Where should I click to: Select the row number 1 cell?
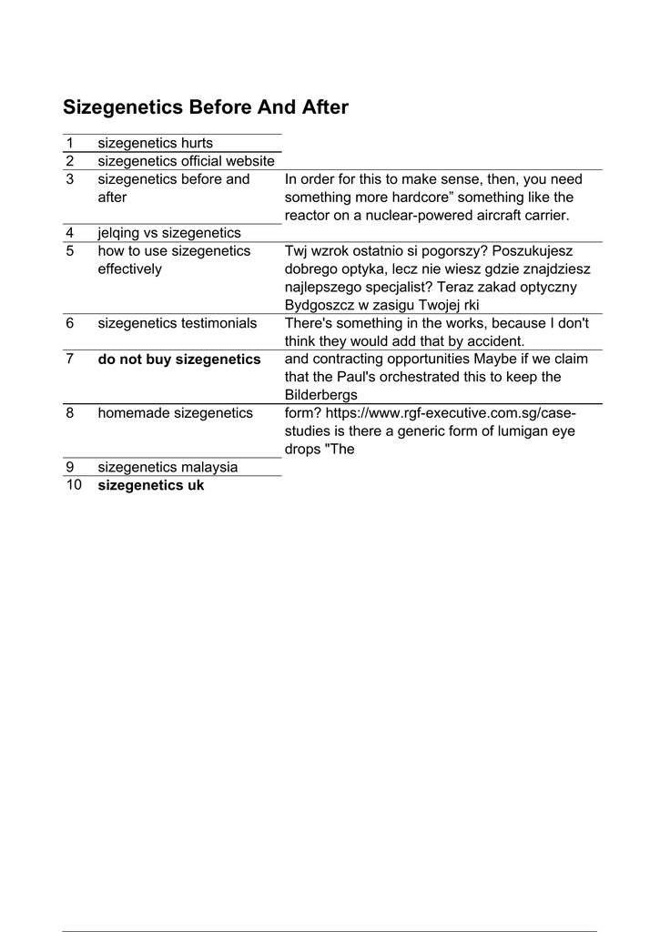[69, 143]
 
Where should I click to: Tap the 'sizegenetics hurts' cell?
[155, 143]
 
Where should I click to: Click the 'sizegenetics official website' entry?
[186, 161]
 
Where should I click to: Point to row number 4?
[69, 233]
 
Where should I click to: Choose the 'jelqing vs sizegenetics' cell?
[169, 233]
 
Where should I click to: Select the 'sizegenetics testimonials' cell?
[177, 323]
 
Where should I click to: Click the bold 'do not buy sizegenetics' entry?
[179, 360]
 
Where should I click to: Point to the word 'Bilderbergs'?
[320, 395]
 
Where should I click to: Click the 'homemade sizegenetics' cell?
[175, 413]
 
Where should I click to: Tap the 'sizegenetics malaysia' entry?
[168, 467]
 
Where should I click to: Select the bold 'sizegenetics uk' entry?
[151, 485]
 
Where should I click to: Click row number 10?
[73, 485]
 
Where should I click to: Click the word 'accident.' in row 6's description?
[497, 341]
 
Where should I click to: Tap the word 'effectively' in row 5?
[130, 269]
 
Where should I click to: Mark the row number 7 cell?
[69, 360]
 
